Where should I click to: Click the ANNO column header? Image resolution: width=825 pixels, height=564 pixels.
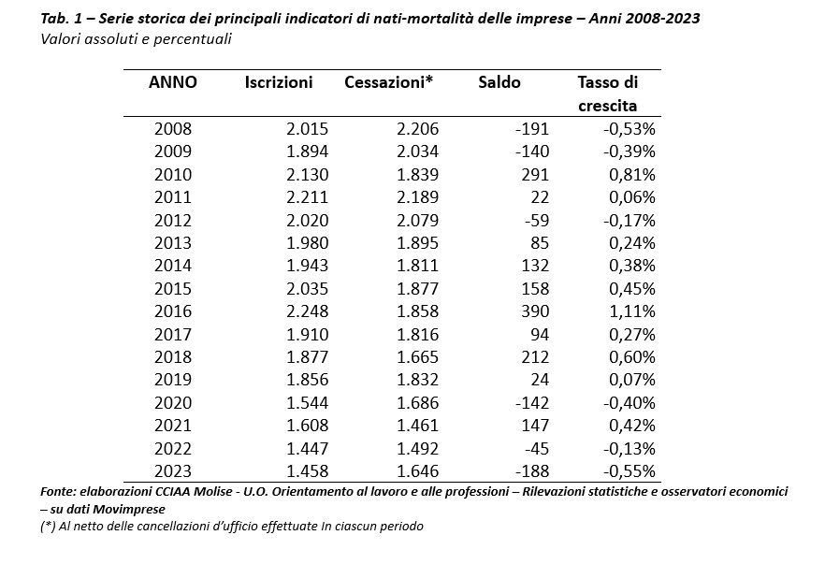pos(172,82)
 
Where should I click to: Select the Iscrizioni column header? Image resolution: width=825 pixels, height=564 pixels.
pos(279,82)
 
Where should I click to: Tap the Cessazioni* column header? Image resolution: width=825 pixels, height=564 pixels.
pos(388,82)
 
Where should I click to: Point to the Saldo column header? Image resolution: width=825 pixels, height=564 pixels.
pos(499,82)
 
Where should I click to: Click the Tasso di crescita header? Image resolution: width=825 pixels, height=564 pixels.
pos(608,94)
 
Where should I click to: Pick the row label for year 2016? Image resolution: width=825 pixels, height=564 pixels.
pos(172,311)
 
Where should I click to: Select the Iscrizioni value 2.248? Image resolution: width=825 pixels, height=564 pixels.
pos(307,311)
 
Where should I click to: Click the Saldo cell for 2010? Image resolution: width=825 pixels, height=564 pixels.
pos(535,175)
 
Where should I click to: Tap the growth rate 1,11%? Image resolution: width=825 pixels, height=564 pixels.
pos(632,311)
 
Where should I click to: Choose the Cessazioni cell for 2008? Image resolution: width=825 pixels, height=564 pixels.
pos(418,129)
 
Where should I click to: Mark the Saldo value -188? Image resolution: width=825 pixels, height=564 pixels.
pos(532,470)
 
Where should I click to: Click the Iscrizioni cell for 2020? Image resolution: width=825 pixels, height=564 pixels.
pos(307,403)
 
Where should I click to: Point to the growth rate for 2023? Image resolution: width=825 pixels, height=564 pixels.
pos(630,470)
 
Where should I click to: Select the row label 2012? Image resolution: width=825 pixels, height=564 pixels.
pos(172,221)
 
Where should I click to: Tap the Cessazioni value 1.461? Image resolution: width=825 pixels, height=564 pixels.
pos(418,426)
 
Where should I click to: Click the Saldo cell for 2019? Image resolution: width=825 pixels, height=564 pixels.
pos(540,380)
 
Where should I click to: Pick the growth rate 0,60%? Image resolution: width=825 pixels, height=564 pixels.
pos(632,357)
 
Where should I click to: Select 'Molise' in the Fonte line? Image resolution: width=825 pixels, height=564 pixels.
pos(214,491)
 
